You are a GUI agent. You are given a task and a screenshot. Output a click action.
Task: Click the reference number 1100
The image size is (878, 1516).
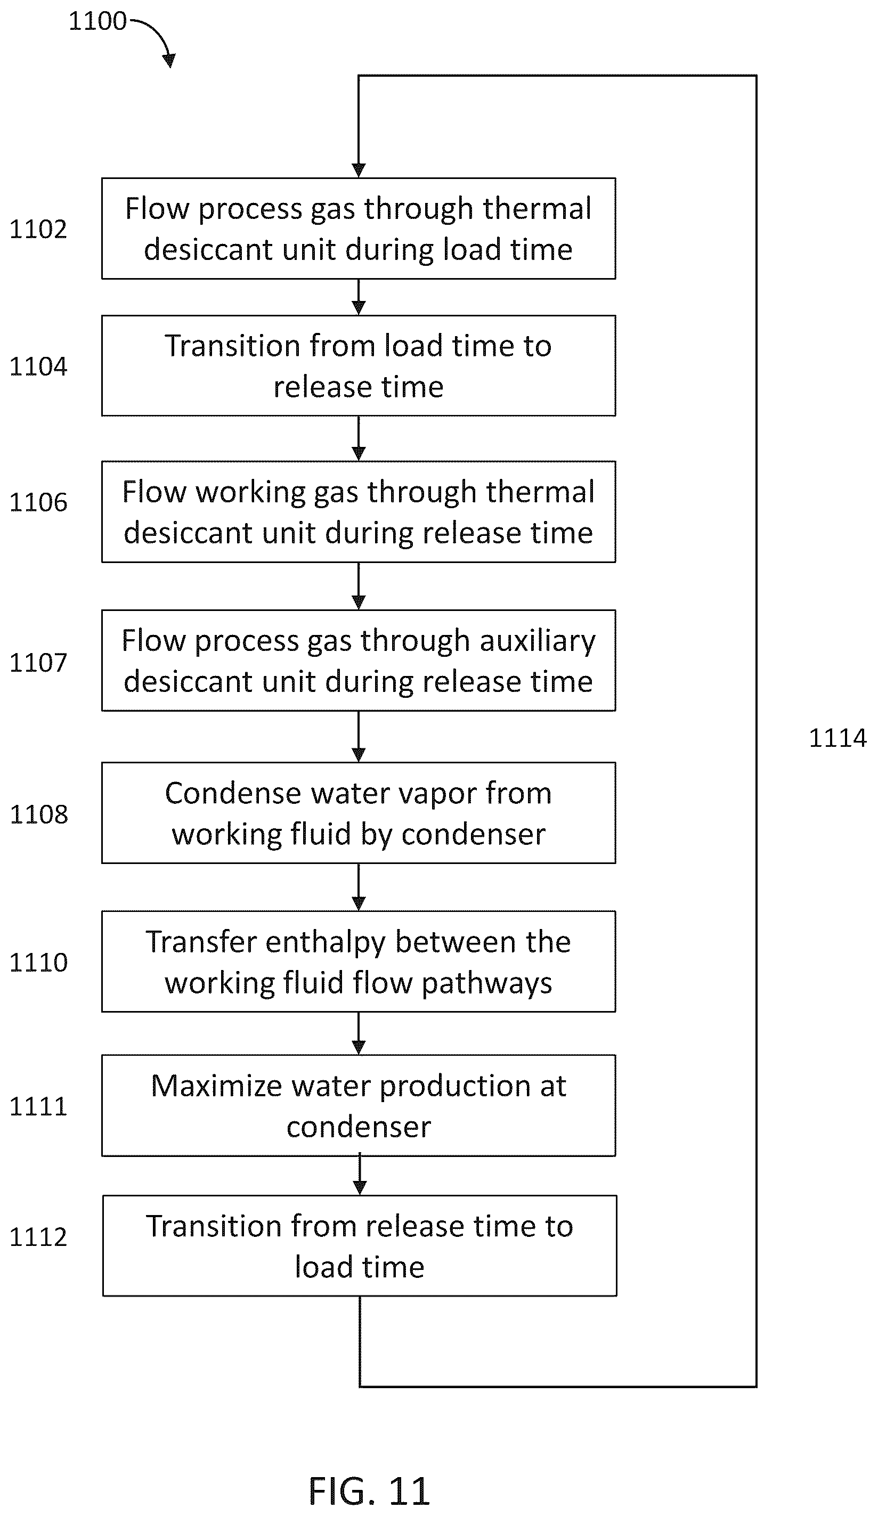[97, 22]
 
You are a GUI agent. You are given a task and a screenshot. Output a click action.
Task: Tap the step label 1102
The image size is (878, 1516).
[38, 229]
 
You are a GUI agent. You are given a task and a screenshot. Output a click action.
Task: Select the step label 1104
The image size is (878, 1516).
[38, 366]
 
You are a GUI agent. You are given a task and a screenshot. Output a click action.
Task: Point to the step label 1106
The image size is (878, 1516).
[38, 502]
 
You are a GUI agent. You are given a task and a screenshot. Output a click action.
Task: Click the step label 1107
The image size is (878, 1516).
[38, 662]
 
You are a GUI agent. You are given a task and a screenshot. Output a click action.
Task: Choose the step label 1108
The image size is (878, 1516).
[38, 814]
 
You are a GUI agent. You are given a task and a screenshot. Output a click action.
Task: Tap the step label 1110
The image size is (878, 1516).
[38, 963]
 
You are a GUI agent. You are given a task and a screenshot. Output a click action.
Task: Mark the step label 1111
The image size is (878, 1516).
[38, 1106]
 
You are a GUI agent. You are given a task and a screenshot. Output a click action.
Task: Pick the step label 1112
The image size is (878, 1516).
[38, 1237]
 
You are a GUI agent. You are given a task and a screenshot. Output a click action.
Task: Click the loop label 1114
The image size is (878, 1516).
[837, 738]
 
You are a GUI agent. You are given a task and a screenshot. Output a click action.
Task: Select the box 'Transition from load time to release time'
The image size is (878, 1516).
[359, 366]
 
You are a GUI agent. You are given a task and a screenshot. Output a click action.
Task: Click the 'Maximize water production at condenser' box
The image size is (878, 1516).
[359, 1106]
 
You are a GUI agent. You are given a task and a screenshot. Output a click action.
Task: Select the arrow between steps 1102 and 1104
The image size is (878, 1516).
[359, 297]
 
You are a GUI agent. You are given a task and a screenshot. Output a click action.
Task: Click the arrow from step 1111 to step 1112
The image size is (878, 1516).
[360, 1175]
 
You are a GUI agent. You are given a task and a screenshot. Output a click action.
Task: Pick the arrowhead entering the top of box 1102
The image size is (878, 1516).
[359, 171]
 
